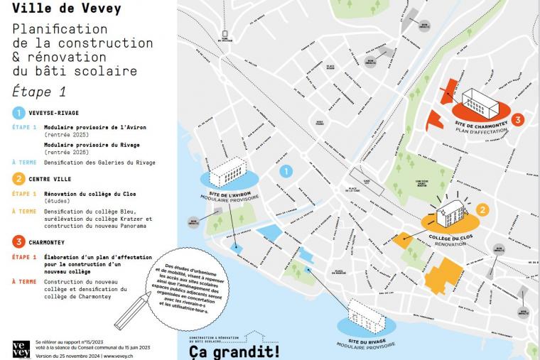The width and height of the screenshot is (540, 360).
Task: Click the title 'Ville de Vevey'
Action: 66,9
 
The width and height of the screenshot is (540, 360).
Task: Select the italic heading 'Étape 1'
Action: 39,91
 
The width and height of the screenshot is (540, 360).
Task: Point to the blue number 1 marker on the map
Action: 286,170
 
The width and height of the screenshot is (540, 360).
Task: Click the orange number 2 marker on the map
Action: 482,209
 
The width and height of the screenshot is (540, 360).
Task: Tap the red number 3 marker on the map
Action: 518,119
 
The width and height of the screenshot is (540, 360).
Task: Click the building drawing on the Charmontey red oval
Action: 482,104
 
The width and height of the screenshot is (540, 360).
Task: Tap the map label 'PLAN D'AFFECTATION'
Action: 482,131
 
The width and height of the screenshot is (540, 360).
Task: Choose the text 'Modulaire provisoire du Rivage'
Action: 92,144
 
